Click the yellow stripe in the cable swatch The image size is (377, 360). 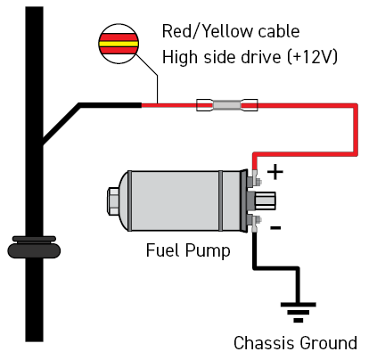pyautogui.click(x=119, y=44)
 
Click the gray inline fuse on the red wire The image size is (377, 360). pyautogui.click(x=227, y=105)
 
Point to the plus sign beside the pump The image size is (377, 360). pyautogui.click(x=275, y=172)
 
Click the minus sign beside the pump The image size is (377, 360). pyautogui.click(x=275, y=228)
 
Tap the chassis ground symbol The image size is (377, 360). pyautogui.click(x=298, y=312)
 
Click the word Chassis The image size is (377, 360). pyautogui.click(x=265, y=343)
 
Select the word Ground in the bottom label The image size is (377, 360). pyautogui.click(x=328, y=343)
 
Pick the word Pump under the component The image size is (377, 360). pyautogui.click(x=208, y=251)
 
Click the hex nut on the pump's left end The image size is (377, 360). pyautogui.click(x=113, y=201)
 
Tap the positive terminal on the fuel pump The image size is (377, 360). pyautogui.click(x=255, y=180)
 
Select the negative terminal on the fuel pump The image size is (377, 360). pyautogui.click(x=255, y=222)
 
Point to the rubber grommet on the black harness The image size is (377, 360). pyautogui.click(x=34, y=247)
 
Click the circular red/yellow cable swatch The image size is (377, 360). pyautogui.click(x=119, y=44)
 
